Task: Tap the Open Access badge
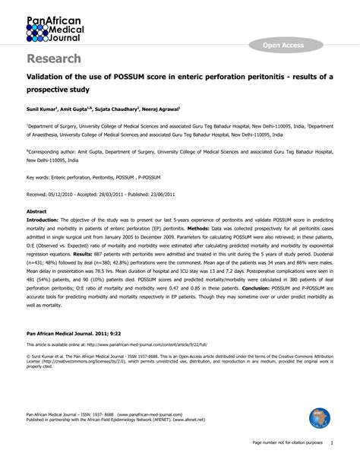[283, 46]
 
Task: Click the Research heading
[55, 59]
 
